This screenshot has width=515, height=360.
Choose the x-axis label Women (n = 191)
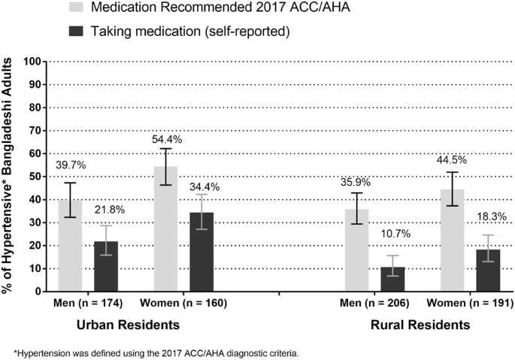point(470,303)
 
